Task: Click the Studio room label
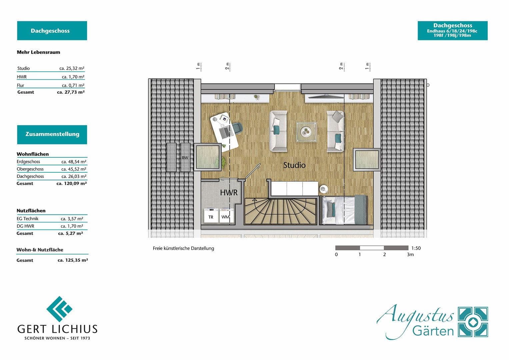point(294,165)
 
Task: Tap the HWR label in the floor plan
point(229,192)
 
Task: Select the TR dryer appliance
point(211,216)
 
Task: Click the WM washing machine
point(225,216)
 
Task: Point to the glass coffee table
point(307,132)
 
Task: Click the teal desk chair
point(237,128)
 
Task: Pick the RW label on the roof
point(185,158)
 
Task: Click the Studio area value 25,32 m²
point(72,68)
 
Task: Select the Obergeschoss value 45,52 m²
point(74,169)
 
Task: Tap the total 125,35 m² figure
point(73,260)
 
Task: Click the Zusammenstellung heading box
point(52,134)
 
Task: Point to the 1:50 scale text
point(416,248)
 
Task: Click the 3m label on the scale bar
point(410,254)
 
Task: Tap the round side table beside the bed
point(324,189)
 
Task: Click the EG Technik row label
point(28,219)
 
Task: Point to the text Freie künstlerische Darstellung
point(183,248)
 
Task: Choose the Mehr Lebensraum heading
point(38,52)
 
